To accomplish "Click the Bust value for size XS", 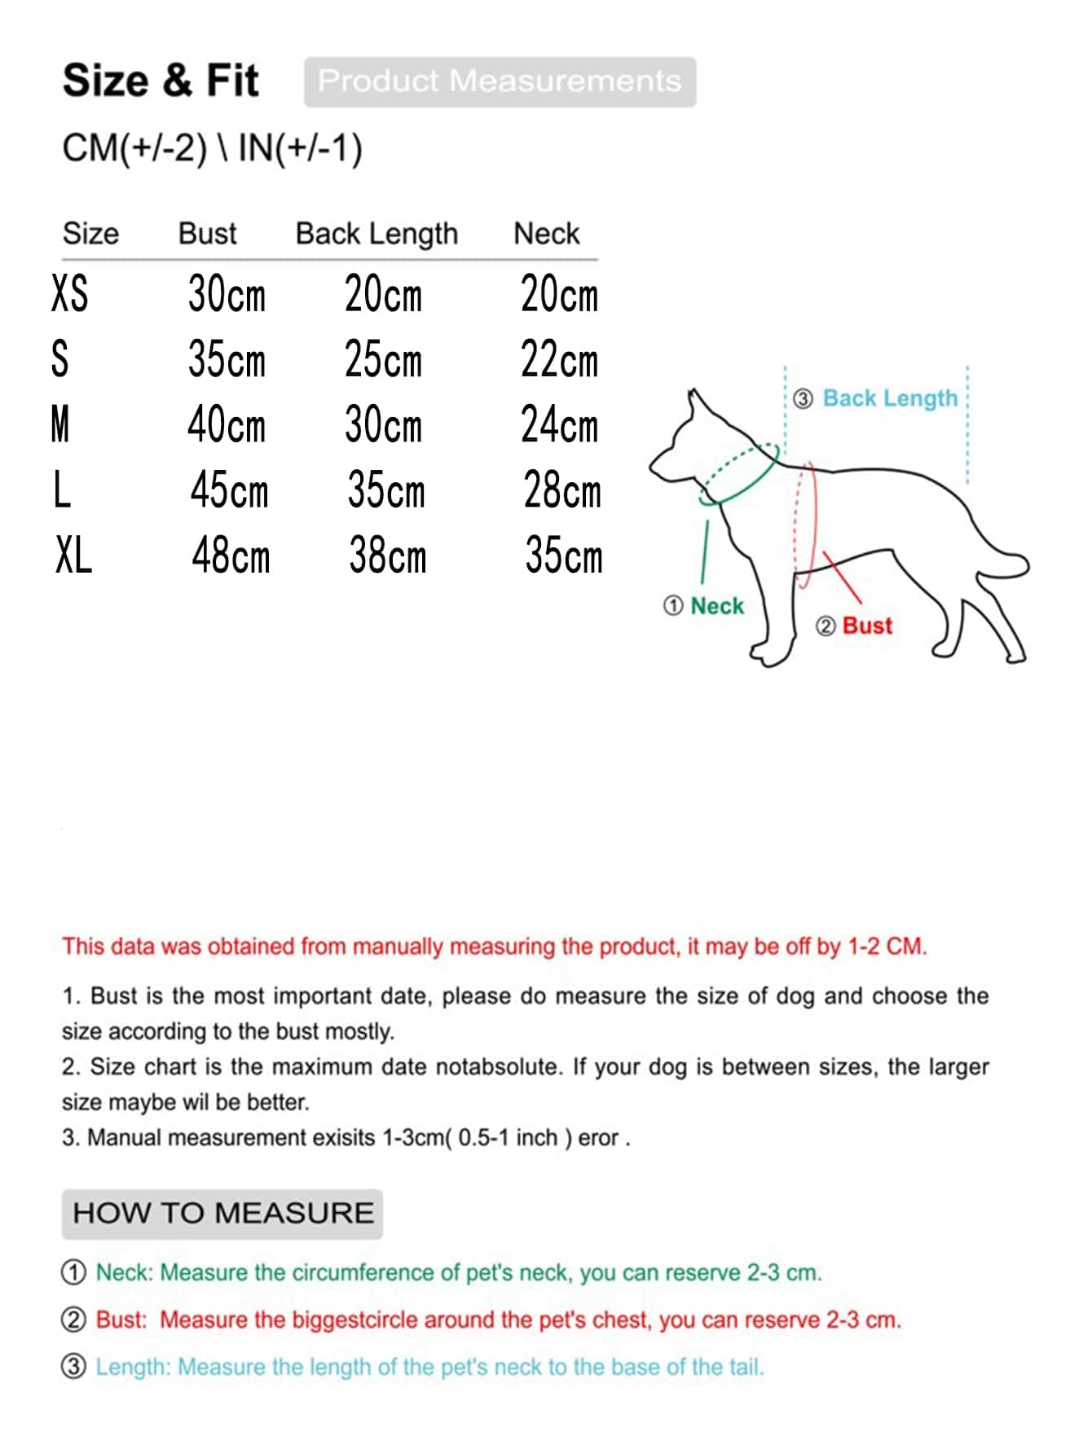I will [x=227, y=294].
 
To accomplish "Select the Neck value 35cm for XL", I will [x=564, y=556].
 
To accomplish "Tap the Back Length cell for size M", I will [x=384, y=425].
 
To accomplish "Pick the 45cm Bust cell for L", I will [x=229, y=491].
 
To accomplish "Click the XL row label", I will [x=73, y=556].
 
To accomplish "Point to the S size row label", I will [x=60, y=359].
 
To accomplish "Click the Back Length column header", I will [x=376, y=234].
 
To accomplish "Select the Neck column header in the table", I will [x=546, y=234].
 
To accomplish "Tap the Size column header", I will [x=90, y=234].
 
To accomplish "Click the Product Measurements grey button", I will [x=500, y=81].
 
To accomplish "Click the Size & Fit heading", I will [x=161, y=81].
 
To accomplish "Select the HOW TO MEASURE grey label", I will [x=222, y=1213].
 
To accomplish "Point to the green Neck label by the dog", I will [x=716, y=606].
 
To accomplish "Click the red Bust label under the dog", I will [x=867, y=626].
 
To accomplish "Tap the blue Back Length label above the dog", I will [x=890, y=398].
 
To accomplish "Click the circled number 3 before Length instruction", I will [x=73, y=1366].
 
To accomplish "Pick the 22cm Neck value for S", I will [x=559, y=360].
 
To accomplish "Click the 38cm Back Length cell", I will [x=387, y=556].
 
